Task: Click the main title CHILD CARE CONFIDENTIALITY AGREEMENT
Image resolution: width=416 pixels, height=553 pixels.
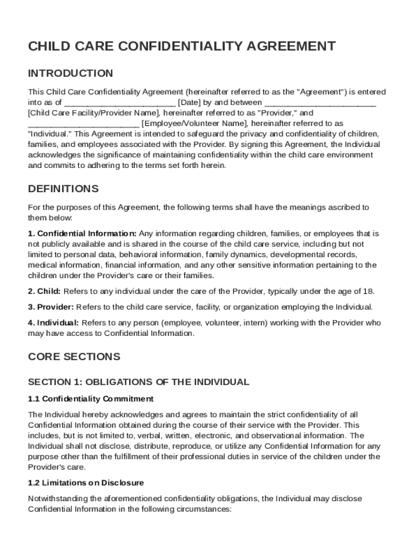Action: [182, 46]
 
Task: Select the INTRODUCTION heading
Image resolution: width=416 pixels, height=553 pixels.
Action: [70, 73]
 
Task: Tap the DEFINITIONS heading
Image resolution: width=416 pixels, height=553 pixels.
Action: [63, 189]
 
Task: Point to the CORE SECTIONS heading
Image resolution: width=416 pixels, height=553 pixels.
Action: [74, 357]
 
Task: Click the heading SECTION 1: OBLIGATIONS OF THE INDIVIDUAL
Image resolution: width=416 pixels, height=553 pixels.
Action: [138, 382]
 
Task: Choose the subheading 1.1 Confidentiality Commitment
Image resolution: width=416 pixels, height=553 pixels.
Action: [91, 399]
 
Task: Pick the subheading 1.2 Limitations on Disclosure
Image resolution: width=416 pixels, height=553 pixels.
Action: [86, 482]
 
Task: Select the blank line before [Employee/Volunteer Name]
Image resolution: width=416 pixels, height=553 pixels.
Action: [83, 124]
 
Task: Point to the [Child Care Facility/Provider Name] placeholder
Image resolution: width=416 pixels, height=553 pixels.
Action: [94, 113]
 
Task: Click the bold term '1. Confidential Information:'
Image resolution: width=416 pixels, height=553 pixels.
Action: [82, 234]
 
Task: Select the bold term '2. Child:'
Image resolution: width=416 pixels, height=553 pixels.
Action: [44, 292]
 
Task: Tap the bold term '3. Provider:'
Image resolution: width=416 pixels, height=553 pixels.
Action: [51, 307]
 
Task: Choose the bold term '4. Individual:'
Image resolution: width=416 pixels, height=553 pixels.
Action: [53, 323]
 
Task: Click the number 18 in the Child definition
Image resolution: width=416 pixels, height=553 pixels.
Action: [367, 292]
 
